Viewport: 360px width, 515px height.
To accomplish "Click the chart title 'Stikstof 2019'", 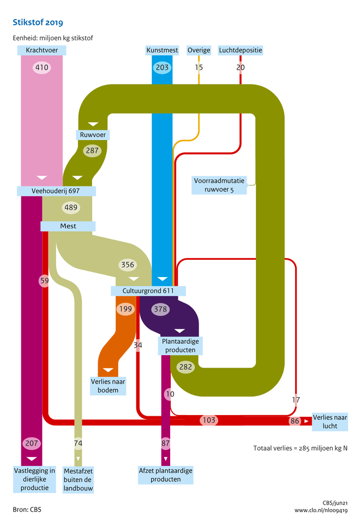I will pos(38,22).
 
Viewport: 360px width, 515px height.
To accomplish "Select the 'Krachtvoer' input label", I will pos(42,50).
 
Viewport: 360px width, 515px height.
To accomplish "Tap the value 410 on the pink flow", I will pos(42,68).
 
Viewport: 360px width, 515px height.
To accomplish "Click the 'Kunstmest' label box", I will pos(162,50).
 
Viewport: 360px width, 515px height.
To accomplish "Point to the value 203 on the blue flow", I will pos(162,68).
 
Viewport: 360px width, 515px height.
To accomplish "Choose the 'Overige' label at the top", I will pos(199,50).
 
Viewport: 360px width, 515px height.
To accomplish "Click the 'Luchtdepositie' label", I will pos(241,50).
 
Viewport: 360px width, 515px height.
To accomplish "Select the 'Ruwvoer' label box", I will pos(92,134).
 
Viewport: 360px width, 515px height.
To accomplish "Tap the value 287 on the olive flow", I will pos(92,150).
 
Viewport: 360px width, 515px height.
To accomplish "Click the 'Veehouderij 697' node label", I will pos(57,191).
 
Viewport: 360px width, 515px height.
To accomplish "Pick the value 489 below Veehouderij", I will pos(71,207).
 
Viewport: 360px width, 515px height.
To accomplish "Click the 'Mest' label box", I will pos(68,226).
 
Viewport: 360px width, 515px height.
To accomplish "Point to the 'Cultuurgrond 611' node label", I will pos(148,291).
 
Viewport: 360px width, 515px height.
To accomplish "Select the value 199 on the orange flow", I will pos(125,309).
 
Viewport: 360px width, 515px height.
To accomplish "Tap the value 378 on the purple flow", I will pos(160,309).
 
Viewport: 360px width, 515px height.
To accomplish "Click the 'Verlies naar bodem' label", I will pos(108,386).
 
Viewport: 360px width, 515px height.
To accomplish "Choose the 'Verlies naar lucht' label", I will pos(329,422).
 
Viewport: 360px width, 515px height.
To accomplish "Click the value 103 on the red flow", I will pos(208,421).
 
